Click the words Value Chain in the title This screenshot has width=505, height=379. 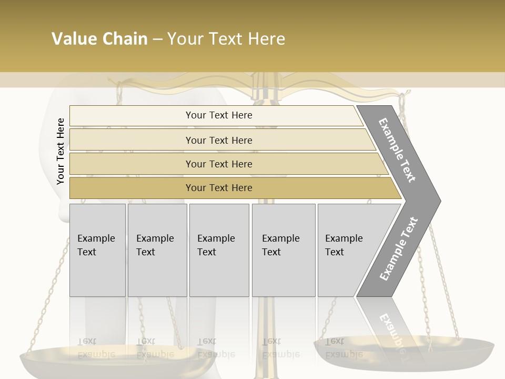(x=99, y=39)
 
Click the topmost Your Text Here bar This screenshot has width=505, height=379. (x=218, y=115)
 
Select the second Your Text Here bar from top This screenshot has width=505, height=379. (x=218, y=140)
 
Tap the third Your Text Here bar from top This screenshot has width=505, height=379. (x=218, y=164)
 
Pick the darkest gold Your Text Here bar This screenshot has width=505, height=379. (x=218, y=188)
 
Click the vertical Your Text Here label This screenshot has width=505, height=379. (x=60, y=151)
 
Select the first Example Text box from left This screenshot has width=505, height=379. (x=97, y=250)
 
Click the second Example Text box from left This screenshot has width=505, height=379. (x=157, y=250)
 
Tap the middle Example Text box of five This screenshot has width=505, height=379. (x=219, y=250)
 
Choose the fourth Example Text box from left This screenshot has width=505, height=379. (x=283, y=250)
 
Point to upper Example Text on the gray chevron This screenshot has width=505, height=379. (x=398, y=150)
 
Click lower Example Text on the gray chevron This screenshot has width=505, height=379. (x=399, y=248)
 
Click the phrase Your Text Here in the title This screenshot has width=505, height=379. (x=226, y=39)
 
